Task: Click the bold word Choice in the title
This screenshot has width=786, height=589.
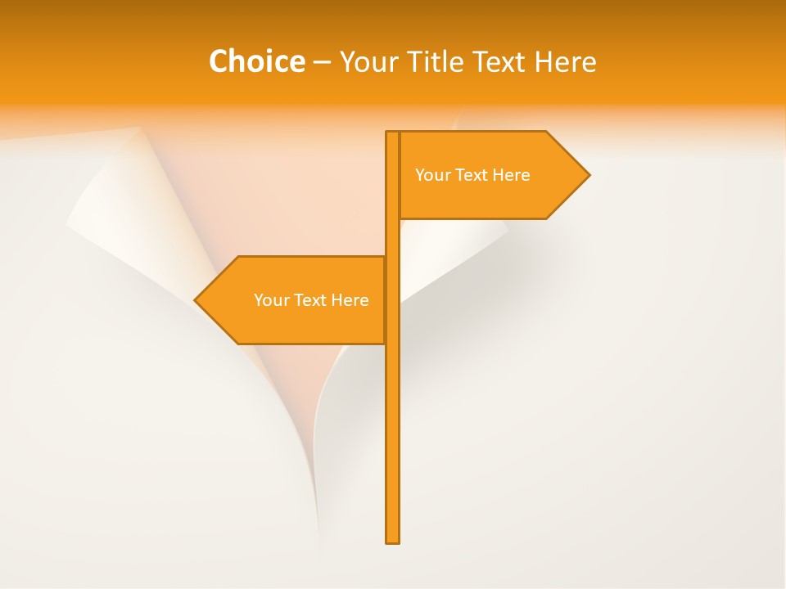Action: click(x=256, y=61)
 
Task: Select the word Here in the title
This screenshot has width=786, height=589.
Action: click(x=565, y=61)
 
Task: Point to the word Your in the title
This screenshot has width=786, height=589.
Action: click(x=368, y=61)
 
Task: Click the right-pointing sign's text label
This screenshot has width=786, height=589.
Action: click(x=472, y=175)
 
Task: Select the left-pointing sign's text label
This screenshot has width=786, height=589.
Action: click(x=311, y=300)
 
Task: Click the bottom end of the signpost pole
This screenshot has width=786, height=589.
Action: click(x=392, y=539)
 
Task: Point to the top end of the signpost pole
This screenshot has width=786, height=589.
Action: click(x=392, y=134)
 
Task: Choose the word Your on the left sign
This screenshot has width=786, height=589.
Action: click(x=271, y=300)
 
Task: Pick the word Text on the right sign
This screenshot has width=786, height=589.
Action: click(x=472, y=175)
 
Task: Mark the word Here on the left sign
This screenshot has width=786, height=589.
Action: click(x=350, y=300)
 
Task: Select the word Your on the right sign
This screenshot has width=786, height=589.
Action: click(x=432, y=175)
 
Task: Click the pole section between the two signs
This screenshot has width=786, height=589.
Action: click(x=392, y=237)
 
